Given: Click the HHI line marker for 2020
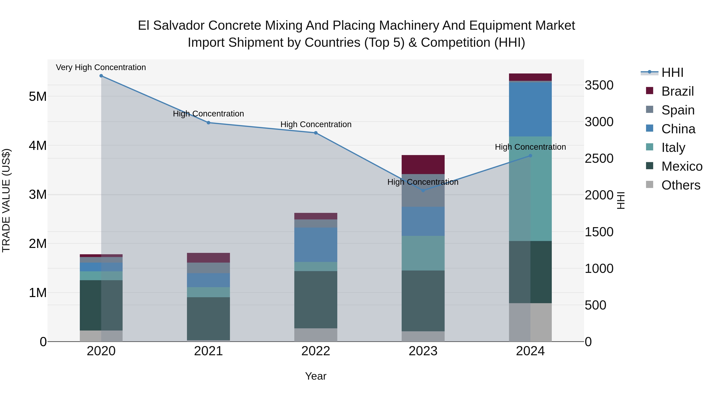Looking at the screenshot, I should pos(101,76).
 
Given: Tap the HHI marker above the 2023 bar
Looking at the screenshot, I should pos(423,190).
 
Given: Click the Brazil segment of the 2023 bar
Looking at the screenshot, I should pos(423,165).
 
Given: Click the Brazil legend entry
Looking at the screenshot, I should pos(677,91).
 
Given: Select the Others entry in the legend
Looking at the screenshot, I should pos(680,185).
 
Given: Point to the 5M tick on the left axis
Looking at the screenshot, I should pos(38,97).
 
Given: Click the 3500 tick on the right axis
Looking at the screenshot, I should pos(599,85).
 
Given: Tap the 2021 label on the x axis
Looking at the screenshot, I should pos(208,351).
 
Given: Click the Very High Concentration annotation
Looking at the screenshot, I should pos(101,67).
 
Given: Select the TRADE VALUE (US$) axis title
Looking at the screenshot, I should pos(6,200).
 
